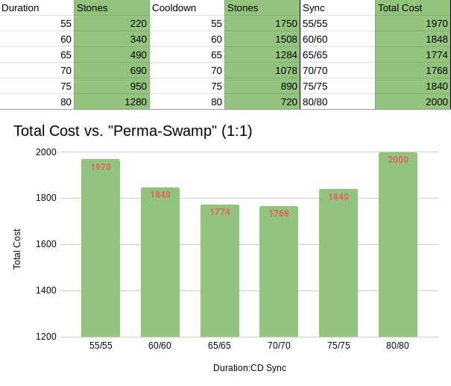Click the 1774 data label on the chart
[x=219, y=212]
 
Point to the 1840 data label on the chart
[x=338, y=197]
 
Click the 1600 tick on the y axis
[x=46, y=244]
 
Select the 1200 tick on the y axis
[x=46, y=337]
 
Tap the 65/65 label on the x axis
[x=219, y=346]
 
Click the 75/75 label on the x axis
[x=338, y=346]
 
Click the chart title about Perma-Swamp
[x=133, y=131]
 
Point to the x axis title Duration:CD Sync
[x=250, y=368]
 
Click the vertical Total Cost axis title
[x=17, y=249]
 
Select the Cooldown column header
[x=174, y=7]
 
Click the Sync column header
[x=313, y=7]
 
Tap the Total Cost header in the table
[x=400, y=7]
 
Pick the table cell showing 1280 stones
[x=112, y=102]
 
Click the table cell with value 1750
[x=262, y=23]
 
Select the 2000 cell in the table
[x=412, y=102]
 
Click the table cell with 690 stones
[x=112, y=70]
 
